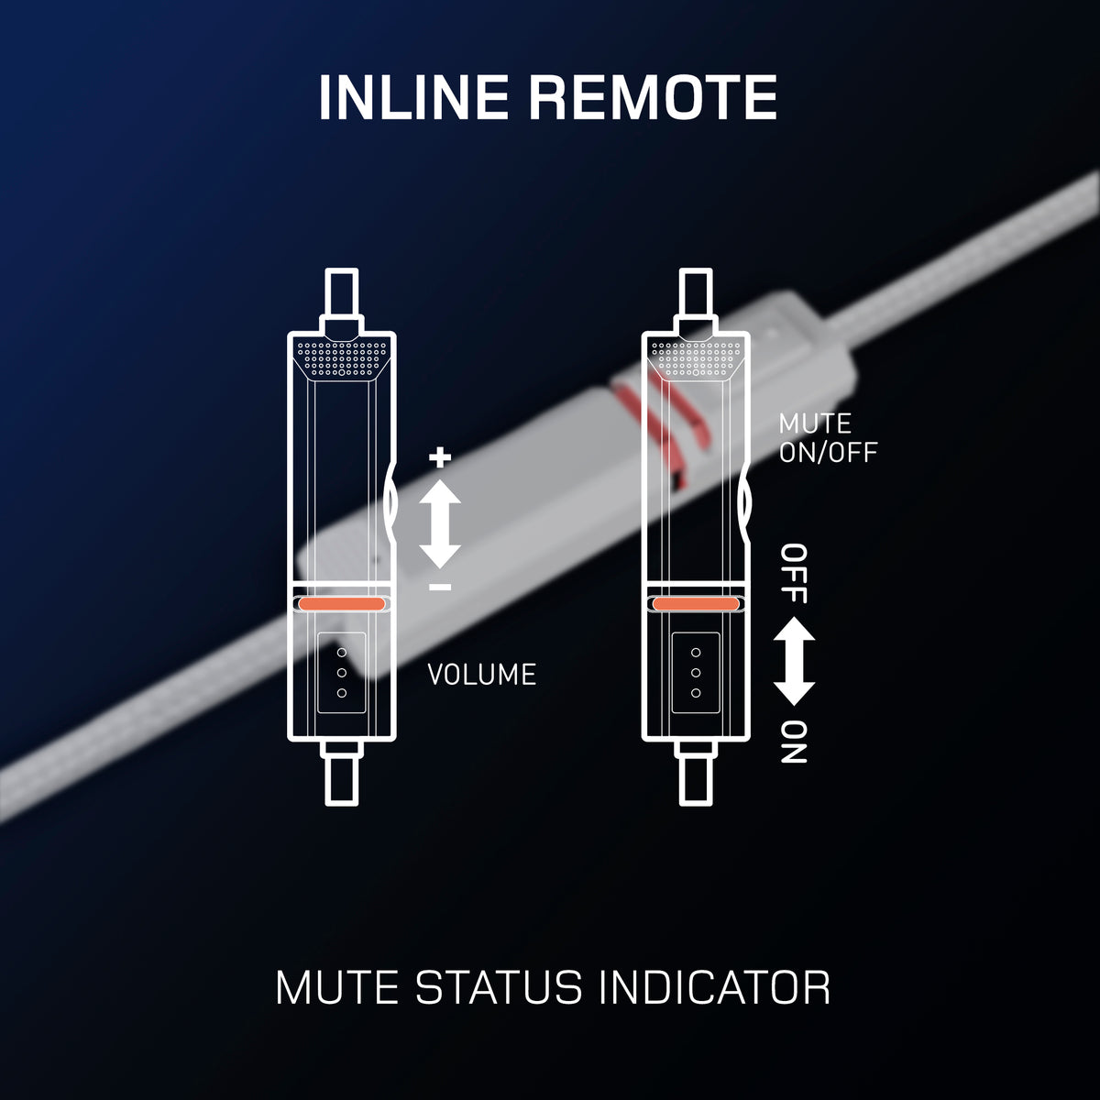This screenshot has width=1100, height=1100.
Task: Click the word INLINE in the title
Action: (413, 97)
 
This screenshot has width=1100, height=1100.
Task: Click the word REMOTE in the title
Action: (654, 97)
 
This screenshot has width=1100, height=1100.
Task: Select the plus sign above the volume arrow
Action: (440, 456)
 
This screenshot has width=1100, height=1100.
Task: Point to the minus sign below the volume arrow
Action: (440, 588)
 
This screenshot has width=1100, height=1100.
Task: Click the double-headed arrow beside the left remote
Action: (440, 522)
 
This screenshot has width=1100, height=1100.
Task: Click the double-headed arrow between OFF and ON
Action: (794, 661)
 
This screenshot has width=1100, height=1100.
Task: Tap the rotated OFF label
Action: (794, 574)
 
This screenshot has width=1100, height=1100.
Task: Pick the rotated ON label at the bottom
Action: (794, 742)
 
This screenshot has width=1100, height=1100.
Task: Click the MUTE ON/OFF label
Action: (828, 438)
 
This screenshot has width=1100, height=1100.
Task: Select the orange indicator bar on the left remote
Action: (342, 604)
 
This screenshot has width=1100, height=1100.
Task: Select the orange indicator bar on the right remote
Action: (696, 604)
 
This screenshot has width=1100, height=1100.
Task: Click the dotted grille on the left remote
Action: (342, 358)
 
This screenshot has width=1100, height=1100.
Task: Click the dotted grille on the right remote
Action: (696, 358)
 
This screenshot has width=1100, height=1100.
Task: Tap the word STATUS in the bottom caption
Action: (498, 987)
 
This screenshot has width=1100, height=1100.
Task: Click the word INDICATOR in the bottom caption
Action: (714, 987)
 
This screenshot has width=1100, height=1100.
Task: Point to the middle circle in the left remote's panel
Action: (342, 673)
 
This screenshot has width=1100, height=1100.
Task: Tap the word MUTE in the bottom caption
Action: (337, 987)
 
